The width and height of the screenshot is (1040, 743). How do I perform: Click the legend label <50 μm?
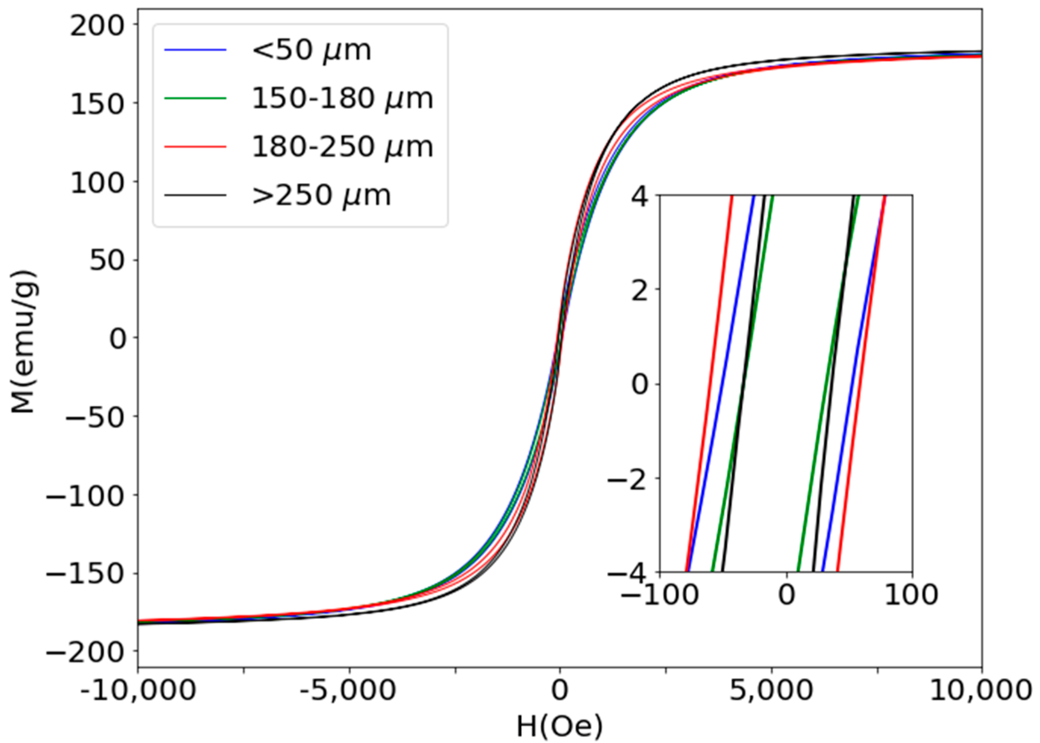point(312,51)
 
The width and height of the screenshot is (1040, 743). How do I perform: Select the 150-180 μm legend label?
point(342,98)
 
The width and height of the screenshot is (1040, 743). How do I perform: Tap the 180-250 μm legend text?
point(342,147)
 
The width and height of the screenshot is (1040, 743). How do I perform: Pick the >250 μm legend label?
point(322,196)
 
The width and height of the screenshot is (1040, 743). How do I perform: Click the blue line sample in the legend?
point(195,49)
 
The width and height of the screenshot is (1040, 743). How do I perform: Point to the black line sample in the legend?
point(195,196)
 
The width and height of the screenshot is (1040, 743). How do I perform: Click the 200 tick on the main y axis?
point(97,26)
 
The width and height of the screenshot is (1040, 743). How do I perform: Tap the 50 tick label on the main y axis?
point(108,260)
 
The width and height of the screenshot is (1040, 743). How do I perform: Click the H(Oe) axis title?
point(559,726)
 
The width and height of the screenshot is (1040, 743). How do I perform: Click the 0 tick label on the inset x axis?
point(786,595)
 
